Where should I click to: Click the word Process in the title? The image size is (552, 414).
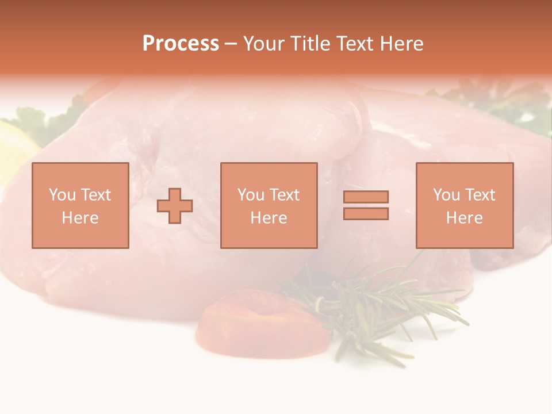point(181,44)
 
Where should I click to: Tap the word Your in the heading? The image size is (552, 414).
point(263,44)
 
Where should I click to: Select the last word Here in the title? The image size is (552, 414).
point(402,44)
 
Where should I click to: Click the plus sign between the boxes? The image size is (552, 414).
point(175,206)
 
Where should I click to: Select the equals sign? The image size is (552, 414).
point(366,205)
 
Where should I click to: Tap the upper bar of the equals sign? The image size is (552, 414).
point(366,197)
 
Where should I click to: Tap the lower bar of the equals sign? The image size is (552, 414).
point(366,213)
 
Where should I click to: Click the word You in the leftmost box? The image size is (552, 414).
point(62,195)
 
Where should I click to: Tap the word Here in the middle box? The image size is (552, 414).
point(269,218)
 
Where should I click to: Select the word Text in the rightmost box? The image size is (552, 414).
point(480,195)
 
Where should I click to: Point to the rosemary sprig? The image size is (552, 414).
point(374,305)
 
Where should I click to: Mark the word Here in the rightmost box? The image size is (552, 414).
point(465,218)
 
